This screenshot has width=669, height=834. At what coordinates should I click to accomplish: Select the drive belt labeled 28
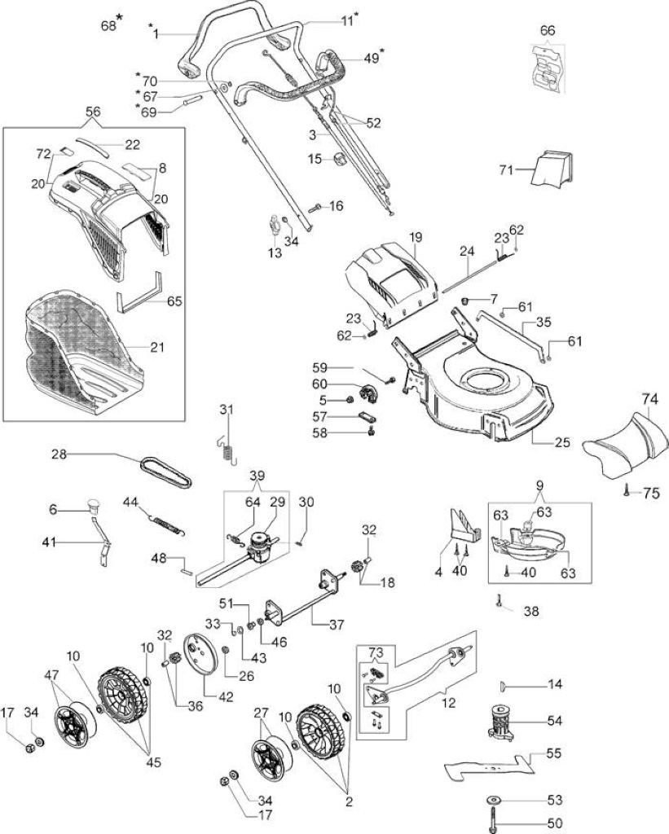pos(165,472)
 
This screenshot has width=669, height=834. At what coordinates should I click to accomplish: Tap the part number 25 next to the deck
pos(562,442)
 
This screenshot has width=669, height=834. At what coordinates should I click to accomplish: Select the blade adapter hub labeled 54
pos(500,722)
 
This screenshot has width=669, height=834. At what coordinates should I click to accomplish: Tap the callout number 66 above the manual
pos(547,30)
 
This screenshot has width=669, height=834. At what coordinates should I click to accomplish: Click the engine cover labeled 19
pos(390,283)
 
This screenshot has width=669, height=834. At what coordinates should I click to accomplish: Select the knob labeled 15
pos(339,158)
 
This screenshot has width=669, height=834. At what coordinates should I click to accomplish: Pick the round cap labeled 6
pos(95,505)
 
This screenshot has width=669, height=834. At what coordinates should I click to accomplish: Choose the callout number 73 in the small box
pos(375,652)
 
